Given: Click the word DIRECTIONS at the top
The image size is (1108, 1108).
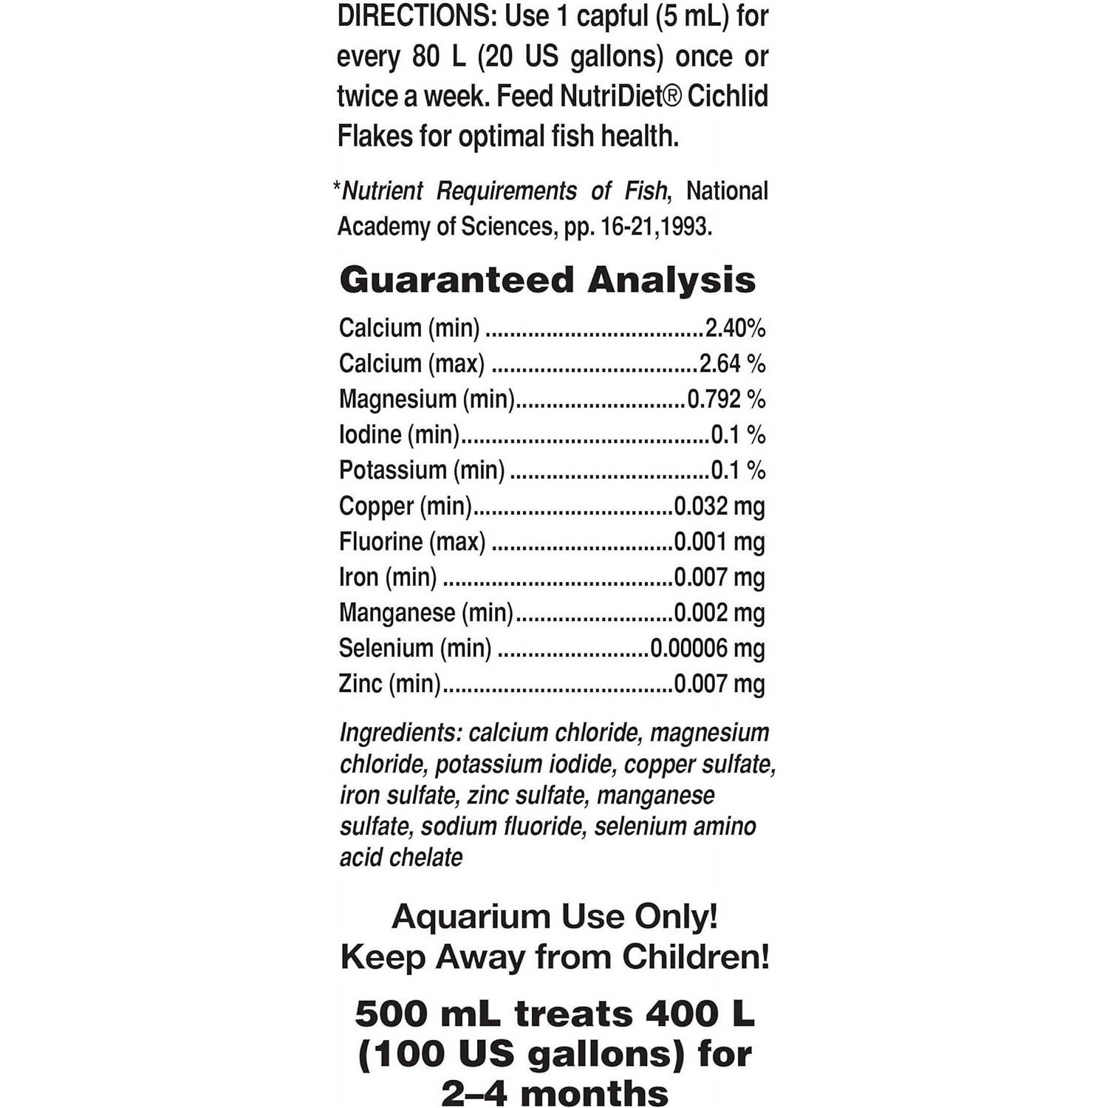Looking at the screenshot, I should pyautogui.click(x=417, y=16).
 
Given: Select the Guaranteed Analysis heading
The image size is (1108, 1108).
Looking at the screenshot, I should pyautogui.click(x=547, y=280).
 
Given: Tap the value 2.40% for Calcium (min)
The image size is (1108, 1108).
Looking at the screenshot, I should pyautogui.click(x=735, y=328).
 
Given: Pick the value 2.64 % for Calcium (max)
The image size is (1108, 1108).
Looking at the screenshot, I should pyautogui.click(x=732, y=363).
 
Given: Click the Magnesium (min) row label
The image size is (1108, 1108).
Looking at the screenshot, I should pyautogui.click(x=426, y=399).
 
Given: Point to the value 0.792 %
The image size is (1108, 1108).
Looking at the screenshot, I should pyautogui.click(x=726, y=399).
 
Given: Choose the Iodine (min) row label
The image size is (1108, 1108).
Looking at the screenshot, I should pyautogui.click(x=399, y=434).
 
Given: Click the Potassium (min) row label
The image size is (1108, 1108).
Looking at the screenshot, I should pyautogui.click(x=422, y=470).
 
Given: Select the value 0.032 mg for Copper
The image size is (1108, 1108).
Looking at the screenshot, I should pyautogui.click(x=719, y=506).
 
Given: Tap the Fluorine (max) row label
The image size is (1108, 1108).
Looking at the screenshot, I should pyautogui.click(x=412, y=541).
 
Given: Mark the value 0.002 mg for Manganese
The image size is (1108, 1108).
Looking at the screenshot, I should pyautogui.click(x=719, y=612).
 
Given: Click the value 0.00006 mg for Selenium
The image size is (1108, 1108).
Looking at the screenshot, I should pyautogui.click(x=708, y=648).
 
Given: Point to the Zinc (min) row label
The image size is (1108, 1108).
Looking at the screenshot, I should pyautogui.click(x=389, y=683).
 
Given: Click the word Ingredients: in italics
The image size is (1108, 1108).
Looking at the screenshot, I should pyautogui.click(x=401, y=733).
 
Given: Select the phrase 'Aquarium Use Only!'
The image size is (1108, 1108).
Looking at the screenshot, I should pyautogui.click(x=555, y=917).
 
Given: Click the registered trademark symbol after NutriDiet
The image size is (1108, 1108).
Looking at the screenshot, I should pyautogui.click(x=671, y=97).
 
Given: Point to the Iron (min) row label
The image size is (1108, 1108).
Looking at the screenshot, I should pyautogui.click(x=388, y=577).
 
